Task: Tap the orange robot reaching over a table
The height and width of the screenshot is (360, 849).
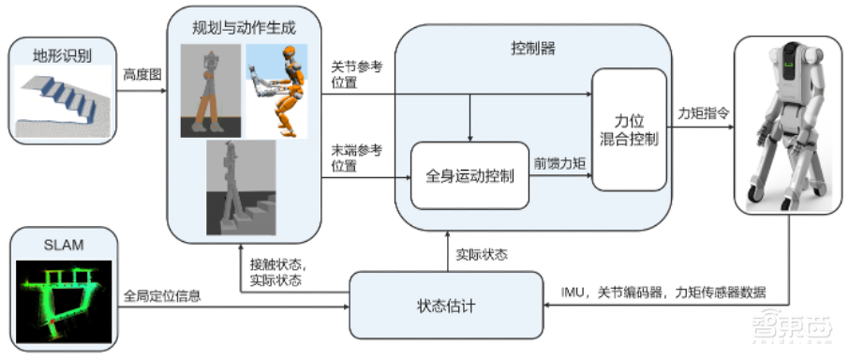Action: point(276,92)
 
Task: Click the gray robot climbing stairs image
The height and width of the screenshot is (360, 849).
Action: point(242,187)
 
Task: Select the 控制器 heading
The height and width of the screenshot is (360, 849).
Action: point(533,47)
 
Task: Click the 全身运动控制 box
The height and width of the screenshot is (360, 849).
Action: point(469,176)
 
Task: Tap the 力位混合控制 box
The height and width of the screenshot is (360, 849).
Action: point(629,128)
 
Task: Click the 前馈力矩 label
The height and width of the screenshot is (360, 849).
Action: point(560,161)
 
